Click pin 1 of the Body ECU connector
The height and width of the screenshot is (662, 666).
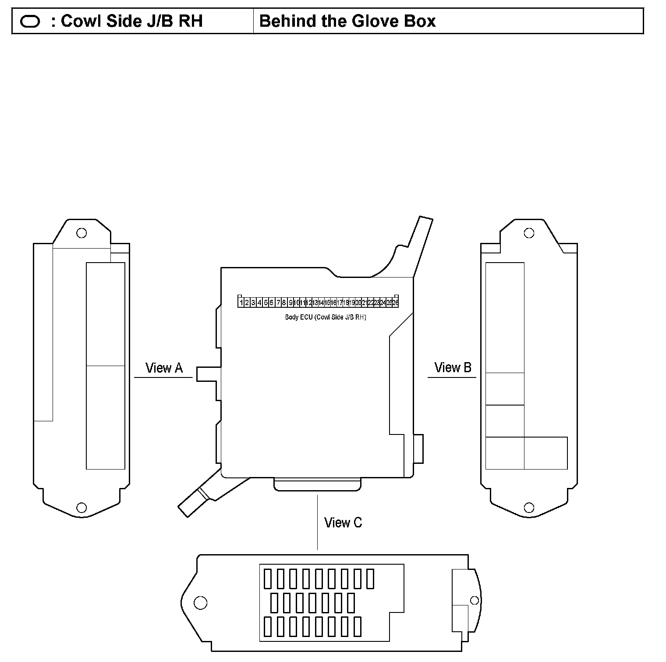[241, 303]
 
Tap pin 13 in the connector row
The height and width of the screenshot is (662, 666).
[315, 303]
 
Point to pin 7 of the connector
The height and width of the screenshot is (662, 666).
[278, 303]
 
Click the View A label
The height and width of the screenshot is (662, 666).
[164, 368]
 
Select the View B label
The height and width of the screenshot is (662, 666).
[453, 367]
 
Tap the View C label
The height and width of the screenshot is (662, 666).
[343, 523]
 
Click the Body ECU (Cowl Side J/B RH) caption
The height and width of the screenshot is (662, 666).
[325, 317]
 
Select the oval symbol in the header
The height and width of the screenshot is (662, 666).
[30, 21]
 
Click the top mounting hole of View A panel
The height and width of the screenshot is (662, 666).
[81, 233]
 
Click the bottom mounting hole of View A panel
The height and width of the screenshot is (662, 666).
[81, 508]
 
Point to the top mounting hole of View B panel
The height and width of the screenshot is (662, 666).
[529, 233]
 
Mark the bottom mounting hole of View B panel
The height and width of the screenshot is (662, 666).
[529, 508]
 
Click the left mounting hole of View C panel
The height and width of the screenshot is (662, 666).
[200, 603]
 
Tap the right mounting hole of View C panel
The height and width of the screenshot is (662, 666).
[474, 600]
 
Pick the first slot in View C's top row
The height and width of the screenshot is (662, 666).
[268, 579]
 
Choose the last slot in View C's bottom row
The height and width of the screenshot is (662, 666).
[358, 626]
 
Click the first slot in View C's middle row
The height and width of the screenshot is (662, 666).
[274, 603]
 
